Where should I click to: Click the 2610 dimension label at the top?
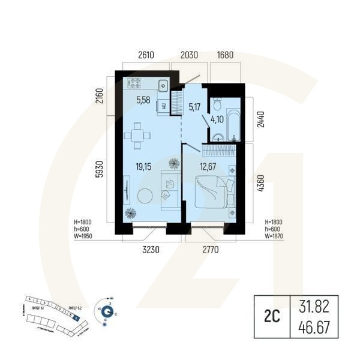point(146,55)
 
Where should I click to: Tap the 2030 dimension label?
point(188,55)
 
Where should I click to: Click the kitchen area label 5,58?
point(143,100)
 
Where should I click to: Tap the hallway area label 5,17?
point(194,109)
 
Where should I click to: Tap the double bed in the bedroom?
point(214,191)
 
